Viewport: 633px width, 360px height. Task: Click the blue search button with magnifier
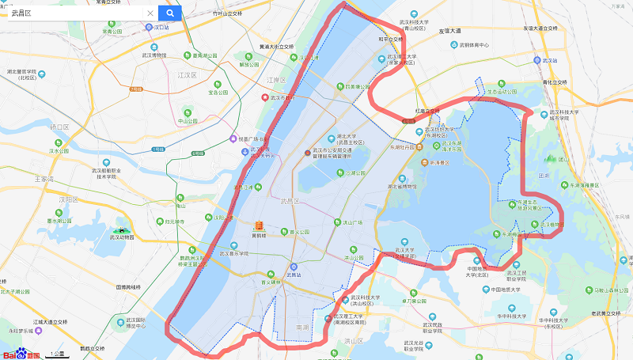click(x=169, y=13)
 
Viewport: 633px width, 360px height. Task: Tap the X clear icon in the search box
click(x=150, y=13)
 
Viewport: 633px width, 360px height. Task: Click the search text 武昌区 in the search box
click(x=22, y=13)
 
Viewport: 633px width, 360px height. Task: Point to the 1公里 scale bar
click(x=58, y=353)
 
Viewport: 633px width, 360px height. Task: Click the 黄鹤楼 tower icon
click(x=257, y=226)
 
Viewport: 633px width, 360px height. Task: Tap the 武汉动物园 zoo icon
click(x=119, y=229)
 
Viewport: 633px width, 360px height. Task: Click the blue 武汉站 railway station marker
click(x=537, y=60)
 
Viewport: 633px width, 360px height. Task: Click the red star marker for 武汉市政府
click(x=266, y=97)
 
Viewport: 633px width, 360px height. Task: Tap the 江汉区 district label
click(x=187, y=74)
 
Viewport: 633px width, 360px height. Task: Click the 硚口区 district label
click(x=59, y=127)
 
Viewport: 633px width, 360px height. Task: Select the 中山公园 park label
click(x=188, y=121)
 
